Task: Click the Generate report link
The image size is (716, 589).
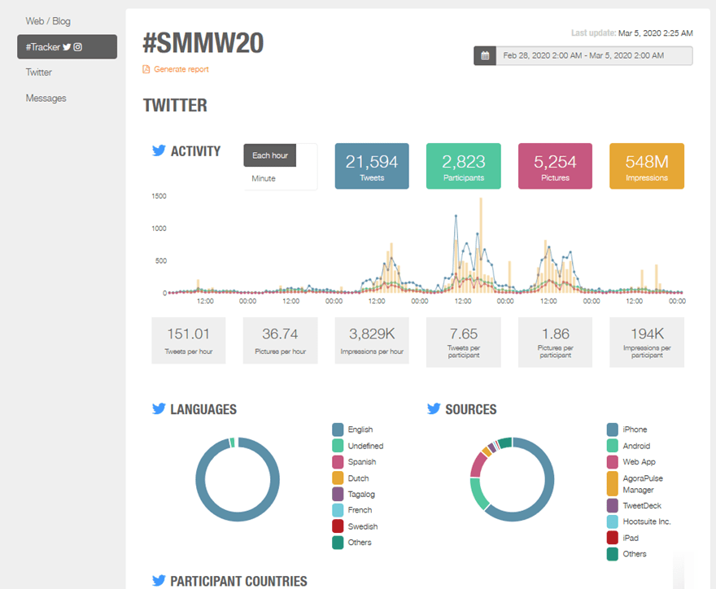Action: point(181,69)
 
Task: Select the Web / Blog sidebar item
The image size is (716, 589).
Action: point(48,20)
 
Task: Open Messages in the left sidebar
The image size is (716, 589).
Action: point(46,98)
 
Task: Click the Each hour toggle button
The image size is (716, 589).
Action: point(270,155)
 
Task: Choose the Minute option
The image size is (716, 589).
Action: point(264,178)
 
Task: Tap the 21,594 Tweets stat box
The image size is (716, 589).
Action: point(372,166)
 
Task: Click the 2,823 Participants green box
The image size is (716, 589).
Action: point(463,166)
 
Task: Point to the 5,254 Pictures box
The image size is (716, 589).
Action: point(555,166)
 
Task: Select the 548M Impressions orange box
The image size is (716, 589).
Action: point(647,166)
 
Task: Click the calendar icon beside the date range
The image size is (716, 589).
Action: point(485,56)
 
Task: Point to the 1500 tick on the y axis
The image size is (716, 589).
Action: point(159,196)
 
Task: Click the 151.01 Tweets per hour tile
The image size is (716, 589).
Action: point(189,340)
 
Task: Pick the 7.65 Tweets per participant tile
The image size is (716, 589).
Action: point(463,340)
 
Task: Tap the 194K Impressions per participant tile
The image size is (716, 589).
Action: point(647,340)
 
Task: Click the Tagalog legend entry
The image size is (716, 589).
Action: point(361,494)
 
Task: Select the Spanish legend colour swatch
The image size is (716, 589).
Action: point(338,462)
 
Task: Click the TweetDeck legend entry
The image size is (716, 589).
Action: point(641,505)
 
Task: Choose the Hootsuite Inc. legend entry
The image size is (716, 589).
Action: point(646,521)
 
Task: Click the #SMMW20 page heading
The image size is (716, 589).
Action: point(203,43)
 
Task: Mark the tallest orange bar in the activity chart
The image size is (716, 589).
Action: point(480,244)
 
